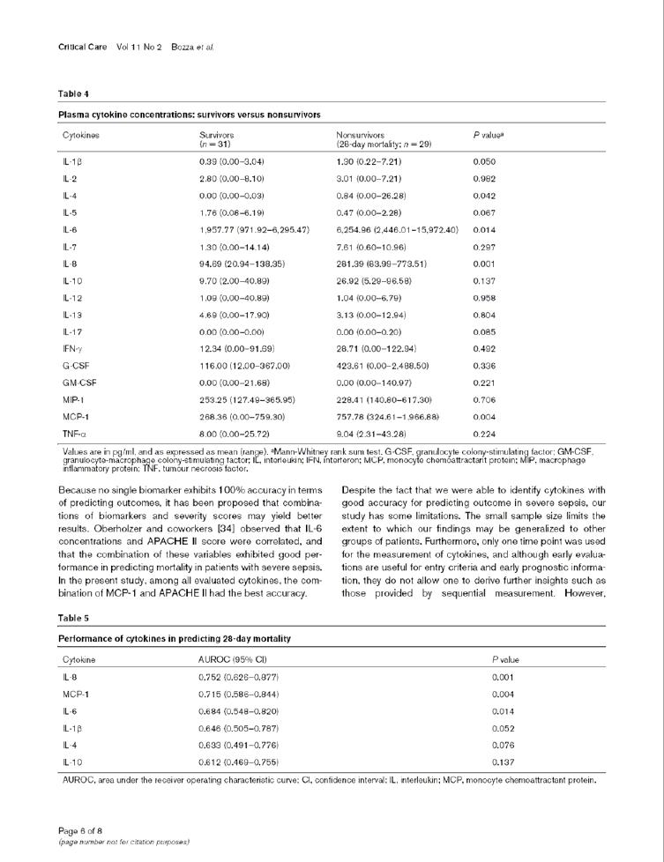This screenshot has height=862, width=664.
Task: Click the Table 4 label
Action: point(74,93)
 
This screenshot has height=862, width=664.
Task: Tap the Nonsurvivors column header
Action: point(363,135)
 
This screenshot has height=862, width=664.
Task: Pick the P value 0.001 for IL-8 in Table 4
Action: point(484,264)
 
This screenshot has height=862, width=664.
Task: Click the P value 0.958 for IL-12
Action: point(484,298)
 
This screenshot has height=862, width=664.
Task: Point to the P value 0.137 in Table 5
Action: point(503,761)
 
